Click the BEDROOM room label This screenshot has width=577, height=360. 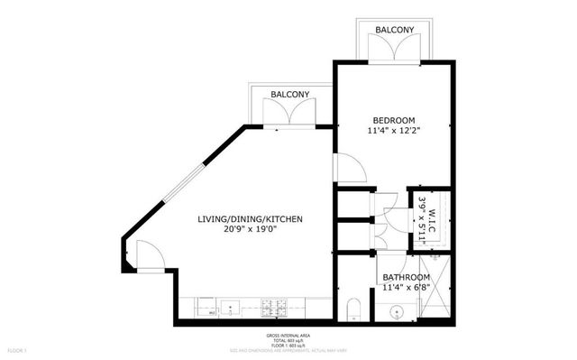click(x=394, y=120)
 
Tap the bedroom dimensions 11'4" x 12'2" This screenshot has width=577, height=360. click(x=394, y=131)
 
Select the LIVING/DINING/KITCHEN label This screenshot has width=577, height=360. click(x=250, y=219)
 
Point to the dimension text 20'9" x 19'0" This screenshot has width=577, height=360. click(x=250, y=229)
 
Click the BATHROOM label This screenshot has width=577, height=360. click(x=406, y=277)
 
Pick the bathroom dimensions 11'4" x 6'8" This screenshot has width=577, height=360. click(x=406, y=288)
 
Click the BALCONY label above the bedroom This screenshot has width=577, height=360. click(x=394, y=30)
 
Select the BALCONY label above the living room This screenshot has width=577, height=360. click(x=288, y=94)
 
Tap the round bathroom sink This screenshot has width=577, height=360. click(x=395, y=310)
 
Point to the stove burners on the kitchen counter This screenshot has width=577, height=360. click(x=275, y=309)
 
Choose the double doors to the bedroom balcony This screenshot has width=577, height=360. click(x=394, y=51)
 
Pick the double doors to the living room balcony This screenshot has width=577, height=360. click(x=288, y=115)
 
